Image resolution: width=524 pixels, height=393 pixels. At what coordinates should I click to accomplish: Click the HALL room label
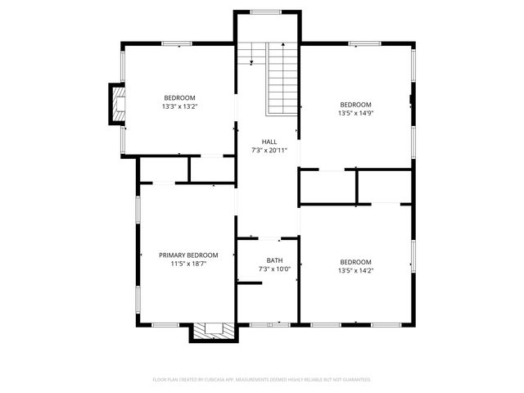pos(269,142)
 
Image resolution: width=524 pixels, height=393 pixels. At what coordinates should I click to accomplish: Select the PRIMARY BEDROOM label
pos(187,255)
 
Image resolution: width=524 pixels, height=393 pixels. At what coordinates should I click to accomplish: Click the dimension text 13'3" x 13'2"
pos(179,106)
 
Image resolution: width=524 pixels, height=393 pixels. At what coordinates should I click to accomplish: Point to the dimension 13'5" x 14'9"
pos(356,113)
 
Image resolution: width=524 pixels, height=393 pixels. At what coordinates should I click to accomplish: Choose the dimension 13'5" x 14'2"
pos(356,270)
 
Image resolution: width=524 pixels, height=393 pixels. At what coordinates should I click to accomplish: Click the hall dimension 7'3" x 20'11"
pos(269,150)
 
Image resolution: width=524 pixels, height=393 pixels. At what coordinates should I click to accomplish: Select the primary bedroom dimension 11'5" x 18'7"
pos(187,264)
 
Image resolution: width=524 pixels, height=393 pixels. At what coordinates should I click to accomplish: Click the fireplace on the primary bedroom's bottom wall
pos(214,332)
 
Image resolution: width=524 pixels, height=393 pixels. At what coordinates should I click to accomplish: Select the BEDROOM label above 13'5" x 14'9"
pos(356,105)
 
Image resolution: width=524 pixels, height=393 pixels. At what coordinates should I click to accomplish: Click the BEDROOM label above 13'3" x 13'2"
pos(179,97)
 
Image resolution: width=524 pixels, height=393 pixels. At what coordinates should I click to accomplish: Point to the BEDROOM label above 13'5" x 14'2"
pos(356,262)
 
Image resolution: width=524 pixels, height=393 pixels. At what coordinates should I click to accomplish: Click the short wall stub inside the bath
pos(249,283)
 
